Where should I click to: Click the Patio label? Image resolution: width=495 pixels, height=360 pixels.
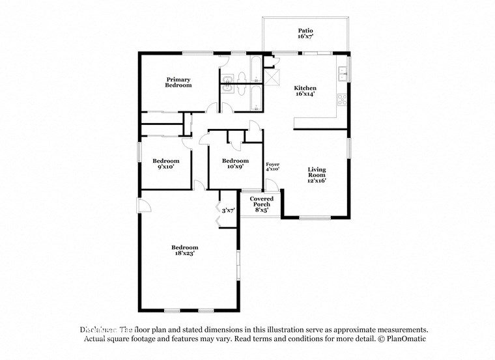[305, 30]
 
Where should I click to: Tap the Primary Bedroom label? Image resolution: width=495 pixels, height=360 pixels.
[178, 83]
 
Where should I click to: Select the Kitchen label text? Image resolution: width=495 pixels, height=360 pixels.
[305, 88]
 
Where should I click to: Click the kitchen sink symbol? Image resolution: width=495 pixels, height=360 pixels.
[341, 74]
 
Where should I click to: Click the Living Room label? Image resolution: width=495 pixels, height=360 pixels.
[317, 172]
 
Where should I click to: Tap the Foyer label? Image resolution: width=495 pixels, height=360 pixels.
[272, 163]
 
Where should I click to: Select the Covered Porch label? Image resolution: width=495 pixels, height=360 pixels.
[261, 199]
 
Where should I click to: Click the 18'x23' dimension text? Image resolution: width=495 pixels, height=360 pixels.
[184, 253]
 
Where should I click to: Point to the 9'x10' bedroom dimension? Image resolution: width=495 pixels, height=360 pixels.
[165, 167]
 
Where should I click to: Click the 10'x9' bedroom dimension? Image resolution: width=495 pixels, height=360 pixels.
[234, 167]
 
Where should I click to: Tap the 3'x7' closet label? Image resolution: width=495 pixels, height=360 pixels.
[228, 211]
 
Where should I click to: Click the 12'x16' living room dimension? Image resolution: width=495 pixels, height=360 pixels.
[317, 181]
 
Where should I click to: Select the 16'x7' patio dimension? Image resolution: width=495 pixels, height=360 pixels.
[305, 37]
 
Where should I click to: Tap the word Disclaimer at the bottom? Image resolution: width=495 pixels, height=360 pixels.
[98, 330]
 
